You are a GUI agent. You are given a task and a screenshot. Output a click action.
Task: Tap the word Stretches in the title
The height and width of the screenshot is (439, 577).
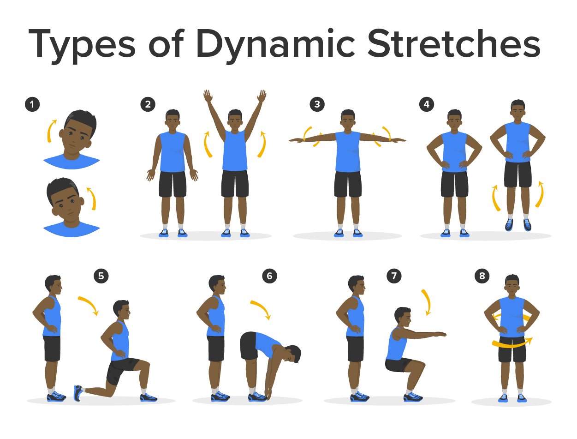pos(453,43)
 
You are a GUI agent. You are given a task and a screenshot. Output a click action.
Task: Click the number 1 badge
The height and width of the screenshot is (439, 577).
pos(32,104)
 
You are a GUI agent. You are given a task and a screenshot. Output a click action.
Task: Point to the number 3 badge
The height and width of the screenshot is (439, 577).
pos(317,104)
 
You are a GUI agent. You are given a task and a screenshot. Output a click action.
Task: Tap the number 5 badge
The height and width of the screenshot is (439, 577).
pos(101,276)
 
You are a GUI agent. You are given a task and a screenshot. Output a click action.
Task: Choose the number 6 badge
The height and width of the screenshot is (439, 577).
pos(269,276)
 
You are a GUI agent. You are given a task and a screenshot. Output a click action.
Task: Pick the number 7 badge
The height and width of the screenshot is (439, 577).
pos(394,276)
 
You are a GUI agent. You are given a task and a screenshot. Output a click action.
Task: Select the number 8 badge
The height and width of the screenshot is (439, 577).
pos(482,276)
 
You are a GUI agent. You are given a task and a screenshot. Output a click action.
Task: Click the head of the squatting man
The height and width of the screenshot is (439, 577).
pos(403,317)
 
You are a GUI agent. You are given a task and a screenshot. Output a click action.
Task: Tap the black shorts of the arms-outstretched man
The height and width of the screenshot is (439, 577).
pos(347,184)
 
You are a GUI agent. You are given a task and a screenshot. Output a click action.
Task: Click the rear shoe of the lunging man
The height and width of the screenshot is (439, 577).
pos(78,393)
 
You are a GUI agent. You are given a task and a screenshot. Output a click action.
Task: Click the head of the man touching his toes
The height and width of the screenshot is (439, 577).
pos(292,354)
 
